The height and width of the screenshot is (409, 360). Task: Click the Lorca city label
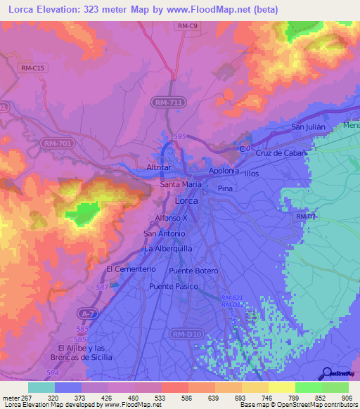tap(186, 200)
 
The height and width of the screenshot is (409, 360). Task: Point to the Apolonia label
tap(224, 171)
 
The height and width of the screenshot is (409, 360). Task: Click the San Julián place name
tap(310, 127)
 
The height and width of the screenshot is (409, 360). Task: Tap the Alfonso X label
tap(171, 219)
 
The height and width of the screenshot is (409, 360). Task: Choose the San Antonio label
tap(163, 233)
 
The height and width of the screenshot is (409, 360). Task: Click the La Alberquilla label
tap(168, 249)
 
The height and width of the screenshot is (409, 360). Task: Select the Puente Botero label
tap(194, 271)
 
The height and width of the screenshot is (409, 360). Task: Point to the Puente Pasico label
tap(173, 287)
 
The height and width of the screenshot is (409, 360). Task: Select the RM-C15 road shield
tap(33, 67)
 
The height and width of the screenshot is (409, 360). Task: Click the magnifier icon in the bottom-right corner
tap(327, 373)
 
